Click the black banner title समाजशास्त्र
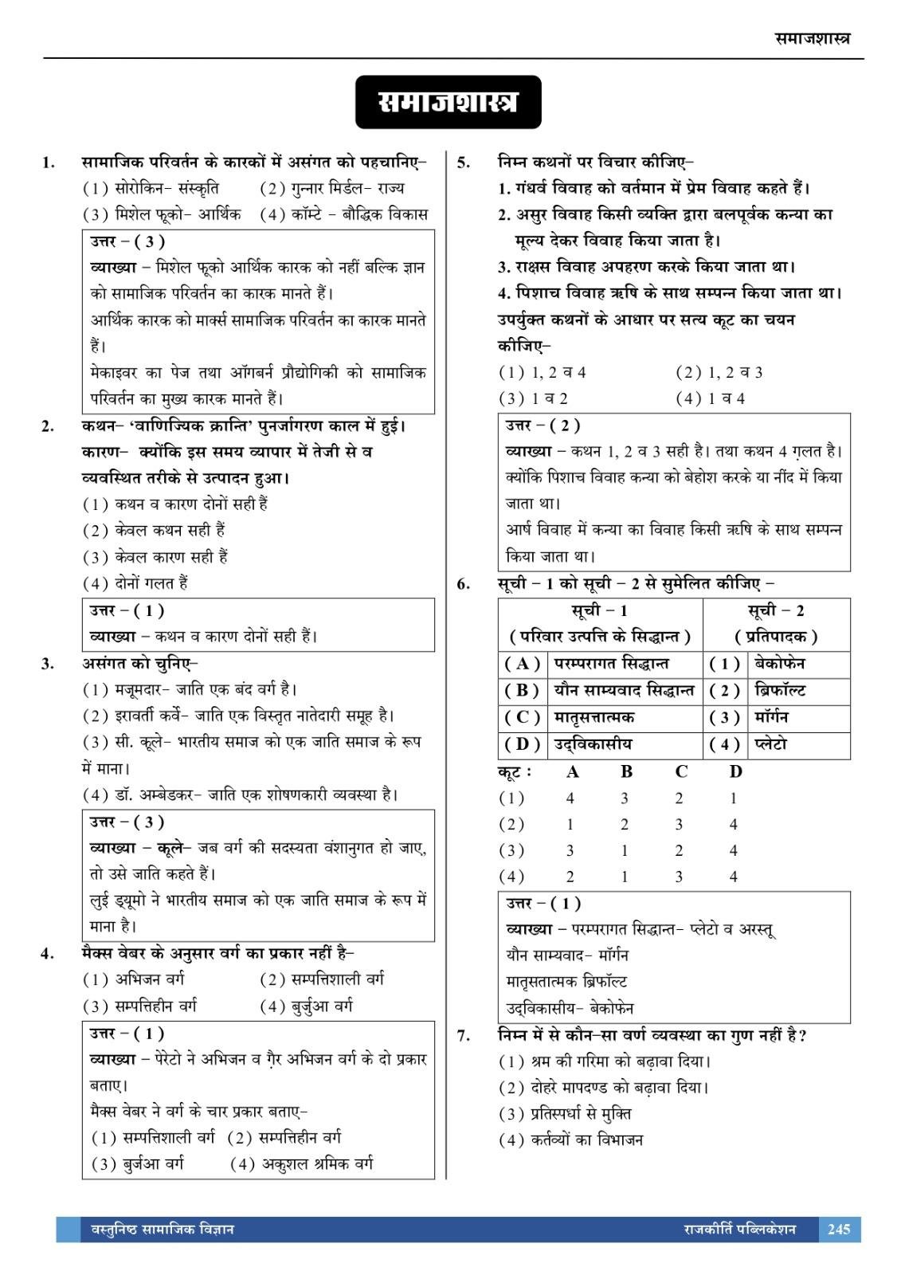click(448, 103)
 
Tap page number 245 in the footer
click(839, 1229)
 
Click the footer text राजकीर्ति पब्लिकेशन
click(739, 1229)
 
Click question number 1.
click(49, 163)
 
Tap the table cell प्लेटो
click(770, 744)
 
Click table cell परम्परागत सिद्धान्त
click(611, 663)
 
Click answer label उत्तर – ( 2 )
click(543, 425)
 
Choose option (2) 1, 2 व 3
click(719, 372)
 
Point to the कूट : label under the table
click(515, 771)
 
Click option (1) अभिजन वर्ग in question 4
click(133, 979)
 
